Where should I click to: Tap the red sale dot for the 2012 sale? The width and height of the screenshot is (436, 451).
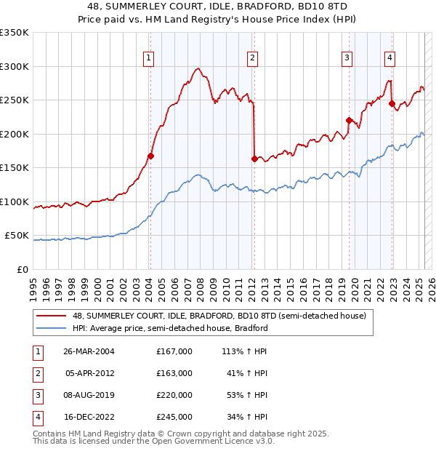pos(254,159)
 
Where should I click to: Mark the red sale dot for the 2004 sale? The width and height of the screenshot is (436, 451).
pos(151,156)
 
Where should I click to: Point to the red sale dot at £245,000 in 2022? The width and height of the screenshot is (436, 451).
pos(392,103)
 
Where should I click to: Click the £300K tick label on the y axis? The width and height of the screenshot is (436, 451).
pos(15,66)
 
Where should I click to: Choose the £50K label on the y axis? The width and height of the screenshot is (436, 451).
pos(17,236)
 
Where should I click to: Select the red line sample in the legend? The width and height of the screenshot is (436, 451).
pos(52,316)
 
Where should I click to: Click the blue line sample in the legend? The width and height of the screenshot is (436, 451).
pos(52,328)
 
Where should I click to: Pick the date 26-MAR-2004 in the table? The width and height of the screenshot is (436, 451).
pos(89,351)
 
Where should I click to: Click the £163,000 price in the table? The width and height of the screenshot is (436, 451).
pos(174,373)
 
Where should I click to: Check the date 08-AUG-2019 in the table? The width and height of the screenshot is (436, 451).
pos(89,395)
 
